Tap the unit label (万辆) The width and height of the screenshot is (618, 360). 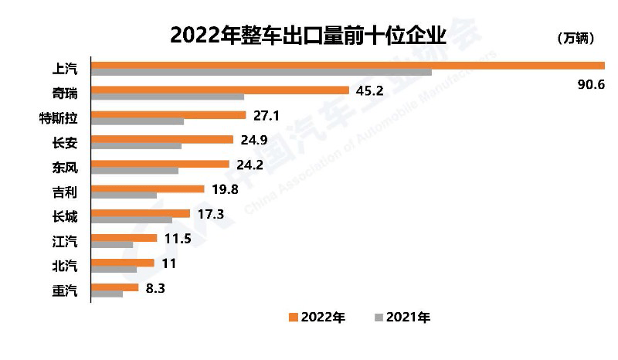click(x=576, y=38)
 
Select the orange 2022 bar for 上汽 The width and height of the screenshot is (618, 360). click(x=348, y=65)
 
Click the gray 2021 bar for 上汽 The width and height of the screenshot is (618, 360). click(x=261, y=73)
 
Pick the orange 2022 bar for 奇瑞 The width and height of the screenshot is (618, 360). click(x=220, y=90)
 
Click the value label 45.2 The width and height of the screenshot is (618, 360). click(x=369, y=90)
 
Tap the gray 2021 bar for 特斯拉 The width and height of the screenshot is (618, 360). click(x=138, y=121)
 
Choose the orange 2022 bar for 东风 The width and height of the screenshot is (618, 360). click(x=161, y=164)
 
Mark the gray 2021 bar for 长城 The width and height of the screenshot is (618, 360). click(x=131, y=219)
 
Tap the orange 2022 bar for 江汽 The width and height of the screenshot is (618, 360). click(x=124, y=238)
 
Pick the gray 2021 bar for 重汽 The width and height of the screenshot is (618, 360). click(x=107, y=294)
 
